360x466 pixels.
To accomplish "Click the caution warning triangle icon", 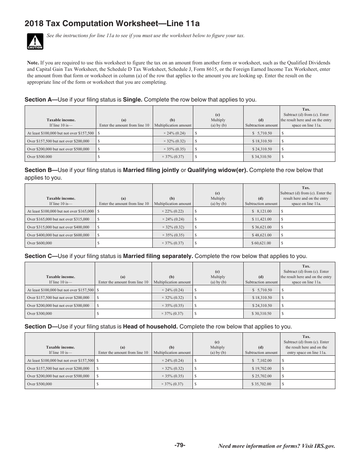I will (35, 41).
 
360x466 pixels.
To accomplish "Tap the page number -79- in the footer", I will (180, 445).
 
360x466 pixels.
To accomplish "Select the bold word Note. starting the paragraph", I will (33, 63).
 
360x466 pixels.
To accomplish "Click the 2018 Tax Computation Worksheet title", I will (112, 24).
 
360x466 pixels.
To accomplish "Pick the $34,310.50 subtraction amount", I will (261, 157).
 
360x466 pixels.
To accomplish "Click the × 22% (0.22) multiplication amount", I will (173, 211).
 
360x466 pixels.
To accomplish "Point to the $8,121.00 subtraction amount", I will (261, 211).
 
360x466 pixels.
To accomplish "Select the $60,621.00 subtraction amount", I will (261, 243).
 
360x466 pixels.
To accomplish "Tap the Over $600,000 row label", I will (39, 243).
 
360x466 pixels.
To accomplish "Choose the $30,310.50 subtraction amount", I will (261, 314).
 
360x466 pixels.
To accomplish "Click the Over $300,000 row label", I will (39, 314).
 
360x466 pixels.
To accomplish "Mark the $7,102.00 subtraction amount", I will (261, 360).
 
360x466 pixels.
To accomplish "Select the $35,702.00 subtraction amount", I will (261, 384).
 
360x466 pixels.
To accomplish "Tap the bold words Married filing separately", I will (158, 256).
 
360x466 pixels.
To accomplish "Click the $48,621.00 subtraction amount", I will (261, 235).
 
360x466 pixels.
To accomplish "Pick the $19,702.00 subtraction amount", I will (261, 368).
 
